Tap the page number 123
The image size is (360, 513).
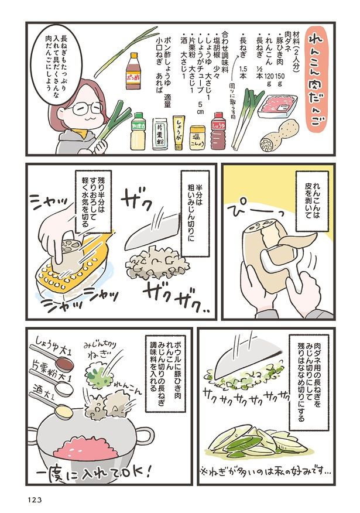coord(34,500)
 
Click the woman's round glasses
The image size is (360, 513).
coord(86,108)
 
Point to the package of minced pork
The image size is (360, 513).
coord(277,105)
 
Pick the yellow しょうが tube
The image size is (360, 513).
coord(179,132)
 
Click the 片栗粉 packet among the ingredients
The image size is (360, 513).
coord(160,134)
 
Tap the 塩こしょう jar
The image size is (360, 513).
coord(197,137)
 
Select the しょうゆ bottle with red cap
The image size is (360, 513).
coord(219,131)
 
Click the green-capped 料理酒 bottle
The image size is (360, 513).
coord(138,132)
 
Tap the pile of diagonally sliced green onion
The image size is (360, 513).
coord(258,442)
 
